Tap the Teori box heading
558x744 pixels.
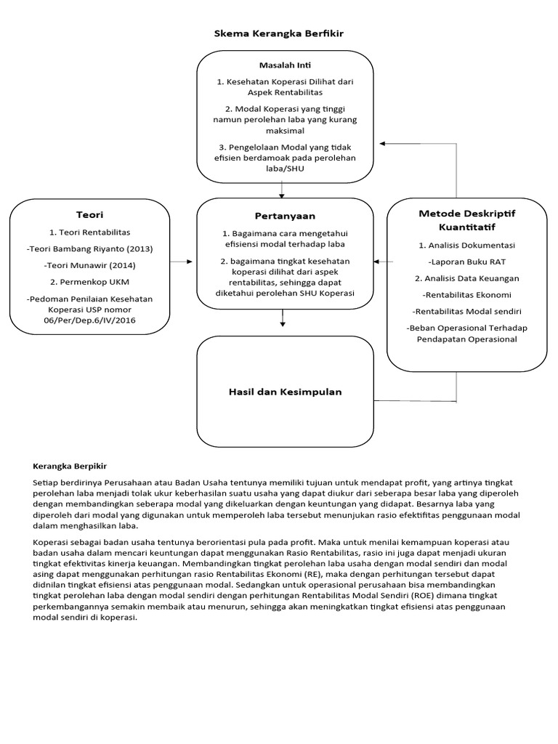tap(89, 214)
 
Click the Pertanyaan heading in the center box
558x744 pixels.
tap(285, 216)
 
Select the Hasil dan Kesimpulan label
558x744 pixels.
tap(285, 392)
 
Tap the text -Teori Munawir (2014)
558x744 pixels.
tap(89, 265)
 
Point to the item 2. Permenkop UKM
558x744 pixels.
tap(89, 281)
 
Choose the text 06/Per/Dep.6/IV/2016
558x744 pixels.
tap(89, 320)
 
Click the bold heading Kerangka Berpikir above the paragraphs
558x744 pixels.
tap(75, 466)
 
